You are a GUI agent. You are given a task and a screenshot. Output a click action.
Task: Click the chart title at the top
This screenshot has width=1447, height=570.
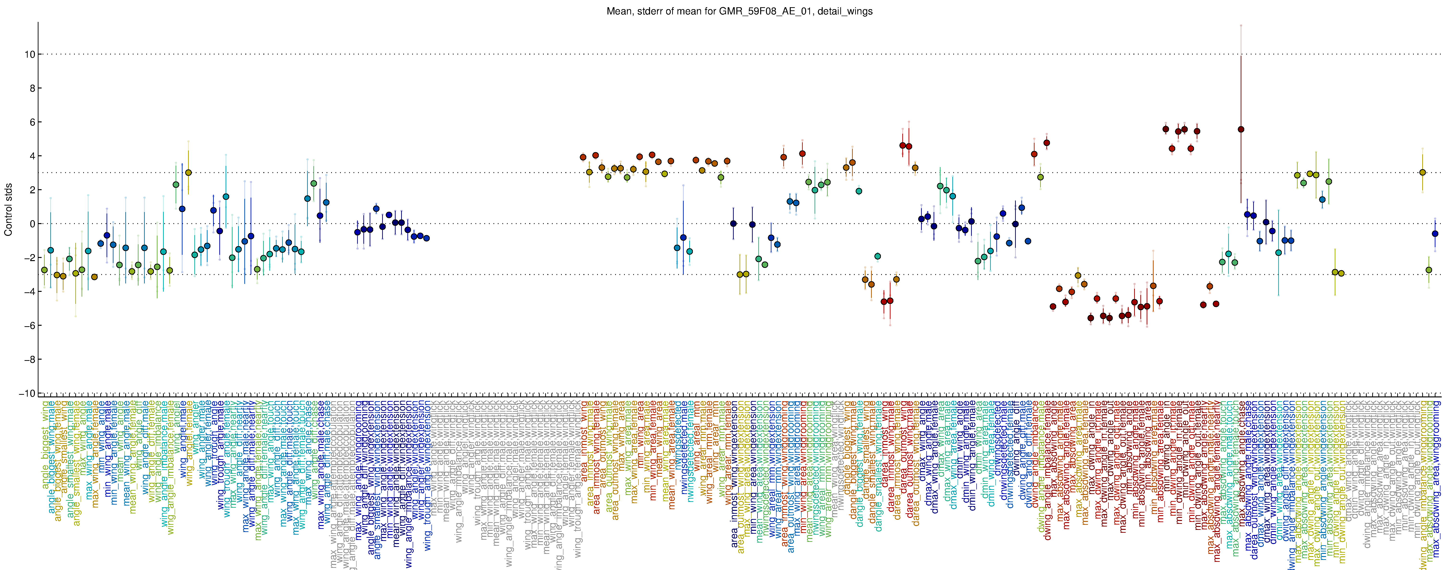coord(739,11)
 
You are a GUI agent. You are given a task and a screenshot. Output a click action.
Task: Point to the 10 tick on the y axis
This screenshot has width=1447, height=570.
coord(29,55)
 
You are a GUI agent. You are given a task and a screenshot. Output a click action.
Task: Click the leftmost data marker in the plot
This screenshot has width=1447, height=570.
coord(44,270)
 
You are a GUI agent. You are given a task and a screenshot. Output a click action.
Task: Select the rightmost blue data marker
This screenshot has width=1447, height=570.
coord(1435,234)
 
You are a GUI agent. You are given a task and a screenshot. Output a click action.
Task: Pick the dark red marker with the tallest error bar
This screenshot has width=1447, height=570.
coord(1241,129)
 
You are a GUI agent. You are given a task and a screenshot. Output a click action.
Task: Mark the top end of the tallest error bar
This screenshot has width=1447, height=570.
coord(1241,25)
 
